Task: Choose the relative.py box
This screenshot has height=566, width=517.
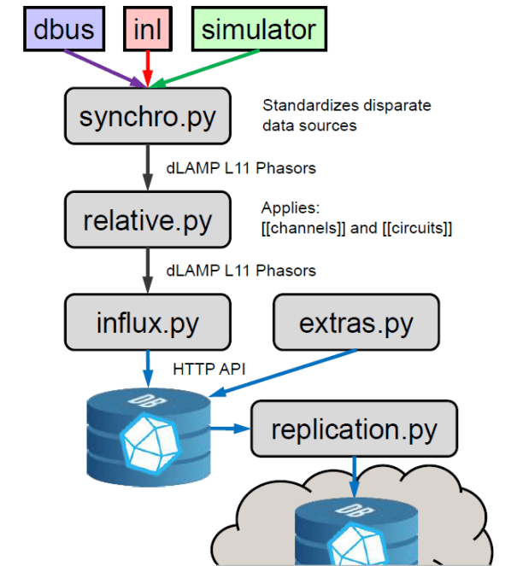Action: [x=148, y=219]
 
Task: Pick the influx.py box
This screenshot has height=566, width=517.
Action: [x=148, y=323]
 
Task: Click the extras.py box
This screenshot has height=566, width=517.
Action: [x=355, y=323]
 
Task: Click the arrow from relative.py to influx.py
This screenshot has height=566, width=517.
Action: [x=148, y=271]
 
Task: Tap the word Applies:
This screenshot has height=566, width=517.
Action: [x=291, y=208]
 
